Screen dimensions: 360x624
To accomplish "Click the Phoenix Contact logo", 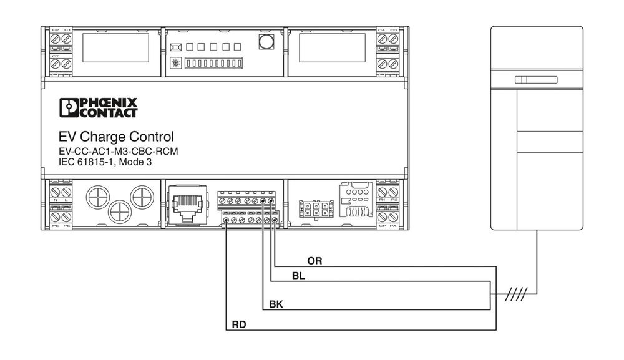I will point(98,107).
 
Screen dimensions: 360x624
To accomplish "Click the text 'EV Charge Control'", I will point(116,137).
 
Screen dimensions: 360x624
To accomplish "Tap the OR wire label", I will point(314,261).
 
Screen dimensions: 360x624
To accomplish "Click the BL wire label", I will point(298,276).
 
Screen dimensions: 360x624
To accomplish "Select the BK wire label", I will point(276,304).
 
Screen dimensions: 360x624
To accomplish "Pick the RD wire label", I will point(238,324).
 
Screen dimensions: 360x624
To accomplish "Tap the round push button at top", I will point(267,42).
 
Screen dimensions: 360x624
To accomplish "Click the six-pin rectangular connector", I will point(314,208).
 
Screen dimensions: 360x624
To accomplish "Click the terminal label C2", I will point(55,30).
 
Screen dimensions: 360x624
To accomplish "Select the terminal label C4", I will point(382,30).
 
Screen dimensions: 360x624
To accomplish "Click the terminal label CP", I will point(383,225).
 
